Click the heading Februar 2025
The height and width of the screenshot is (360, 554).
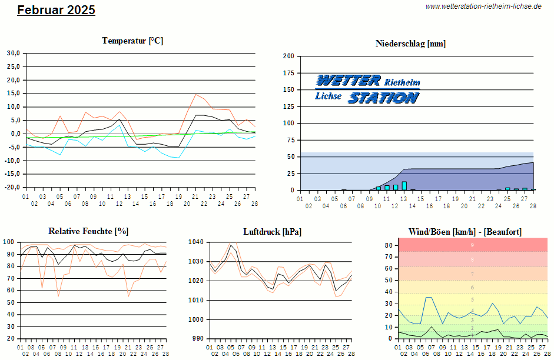56,10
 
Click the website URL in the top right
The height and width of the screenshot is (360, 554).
483,6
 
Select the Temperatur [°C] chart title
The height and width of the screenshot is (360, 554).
132,41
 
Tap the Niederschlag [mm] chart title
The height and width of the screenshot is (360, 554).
410,43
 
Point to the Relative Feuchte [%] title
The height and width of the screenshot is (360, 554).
88,231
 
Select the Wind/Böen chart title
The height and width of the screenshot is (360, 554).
465,231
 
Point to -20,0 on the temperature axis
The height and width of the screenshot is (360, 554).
12,188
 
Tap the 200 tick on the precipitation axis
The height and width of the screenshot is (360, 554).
288,56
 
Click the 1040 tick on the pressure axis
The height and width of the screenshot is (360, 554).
196,242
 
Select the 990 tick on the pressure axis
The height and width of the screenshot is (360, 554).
198,339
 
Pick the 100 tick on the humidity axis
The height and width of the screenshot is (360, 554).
9,242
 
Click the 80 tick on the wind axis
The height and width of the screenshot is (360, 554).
389,245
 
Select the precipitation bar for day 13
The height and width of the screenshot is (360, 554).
404,186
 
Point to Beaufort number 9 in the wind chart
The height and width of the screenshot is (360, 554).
472,245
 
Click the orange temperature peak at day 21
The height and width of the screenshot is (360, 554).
196,94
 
